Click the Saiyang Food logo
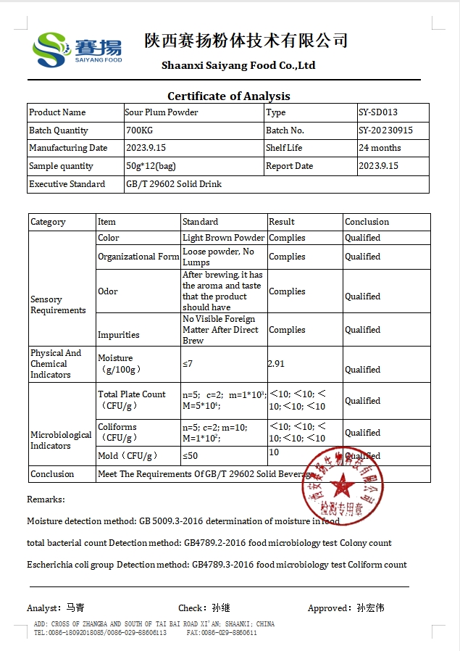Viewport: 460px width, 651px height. click(76, 49)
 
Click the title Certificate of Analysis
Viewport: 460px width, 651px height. click(229, 96)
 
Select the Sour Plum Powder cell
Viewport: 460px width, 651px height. click(162, 112)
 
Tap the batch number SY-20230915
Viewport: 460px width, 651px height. click(385, 130)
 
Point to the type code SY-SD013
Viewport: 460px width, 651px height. click(378, 112)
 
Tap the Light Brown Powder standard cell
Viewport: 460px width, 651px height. click(223, 238)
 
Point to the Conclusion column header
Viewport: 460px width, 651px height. click(367, 222)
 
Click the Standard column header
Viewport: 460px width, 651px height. click(200, 222)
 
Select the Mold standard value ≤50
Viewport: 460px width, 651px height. click(190, 456)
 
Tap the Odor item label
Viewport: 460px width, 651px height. click(107, 291)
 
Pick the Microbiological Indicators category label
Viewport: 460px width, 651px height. click(61, 440)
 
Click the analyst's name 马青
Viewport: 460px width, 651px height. click(75, 608)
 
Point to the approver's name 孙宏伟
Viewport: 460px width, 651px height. click(370, 608)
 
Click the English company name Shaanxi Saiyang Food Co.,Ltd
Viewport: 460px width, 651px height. click(238, 65)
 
